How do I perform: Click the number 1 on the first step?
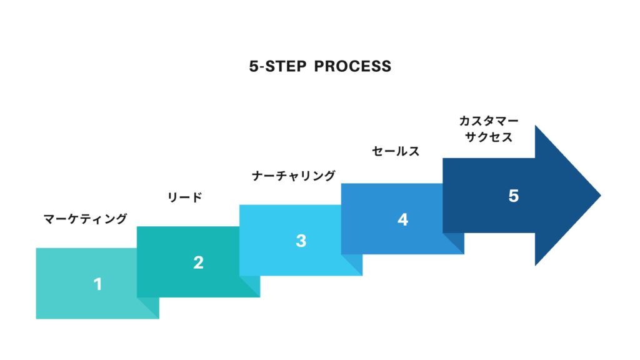pyautogui.click(x=97, y=284)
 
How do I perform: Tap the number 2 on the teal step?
pyautogui.click(x=198, y=262)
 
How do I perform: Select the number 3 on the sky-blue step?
pyautogui.click(x=301, y=241)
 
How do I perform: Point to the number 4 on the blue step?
pyautogui.click(x=403, y=219)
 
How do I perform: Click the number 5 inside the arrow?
pyautogui.click(x=514, y=196)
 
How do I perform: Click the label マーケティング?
pyautogui.click(x=85, y=219)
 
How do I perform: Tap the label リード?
pyautogui.click(x=185, y=197)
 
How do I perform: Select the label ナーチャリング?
pyautogui.click(x=294, y=176)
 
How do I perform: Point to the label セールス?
pyautogui.click(x=396, y=151)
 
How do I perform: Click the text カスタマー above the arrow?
pyautogui.click(x=489, y=121)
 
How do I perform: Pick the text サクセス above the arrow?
pyautogui.click(x=489, y=137)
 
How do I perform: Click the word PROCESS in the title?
pyautogui.click(x=352, y=66)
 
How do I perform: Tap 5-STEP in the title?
pyautogui.click(x=277, y=66)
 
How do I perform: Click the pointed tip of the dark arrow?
pyautogui.click(x=601, y=196)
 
